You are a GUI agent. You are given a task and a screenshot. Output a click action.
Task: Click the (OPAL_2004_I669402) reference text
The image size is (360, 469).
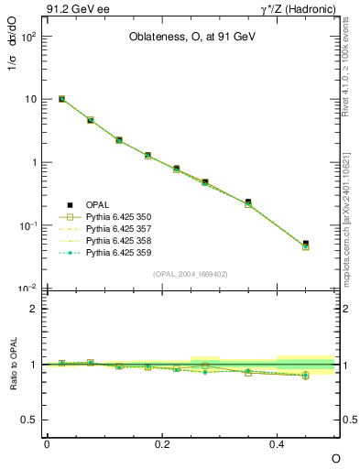tap(191, 273)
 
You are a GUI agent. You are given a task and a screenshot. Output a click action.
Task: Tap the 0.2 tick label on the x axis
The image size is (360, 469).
tap(162, 444)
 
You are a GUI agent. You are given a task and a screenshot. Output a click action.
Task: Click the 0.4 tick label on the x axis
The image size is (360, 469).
tap(278, 444)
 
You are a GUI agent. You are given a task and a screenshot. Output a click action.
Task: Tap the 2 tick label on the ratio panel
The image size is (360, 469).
tap(33, 309)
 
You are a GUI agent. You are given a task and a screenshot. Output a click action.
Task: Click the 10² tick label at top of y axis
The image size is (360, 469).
tap(27, 36)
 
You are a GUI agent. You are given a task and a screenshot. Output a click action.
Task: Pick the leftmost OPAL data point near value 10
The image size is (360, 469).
tap(61, 98)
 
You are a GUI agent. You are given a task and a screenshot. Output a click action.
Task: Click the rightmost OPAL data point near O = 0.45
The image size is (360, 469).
tap(306, 244)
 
